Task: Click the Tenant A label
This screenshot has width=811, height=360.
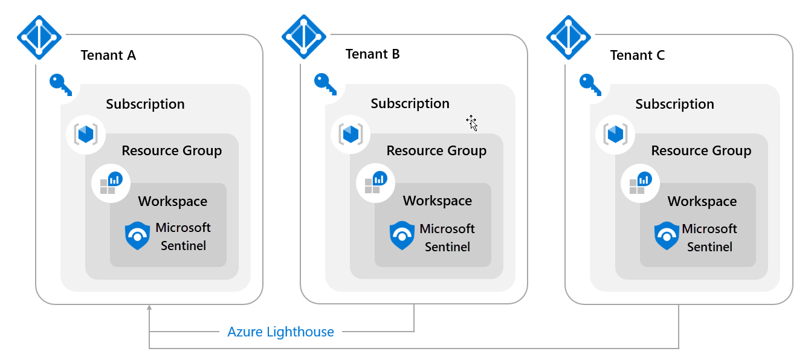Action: click(x=108, y=56)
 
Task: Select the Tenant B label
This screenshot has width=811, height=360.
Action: click(x=372, y=54)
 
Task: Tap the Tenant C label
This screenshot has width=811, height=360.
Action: click(x=637, y=56)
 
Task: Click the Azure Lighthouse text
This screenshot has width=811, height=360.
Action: click(x=280, y=332)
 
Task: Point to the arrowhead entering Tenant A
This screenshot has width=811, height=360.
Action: click(x=149, y=309)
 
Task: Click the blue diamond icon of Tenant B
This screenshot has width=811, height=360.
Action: click(x=304, y=37)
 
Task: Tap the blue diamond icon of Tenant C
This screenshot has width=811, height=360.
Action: click(x=569, y=37)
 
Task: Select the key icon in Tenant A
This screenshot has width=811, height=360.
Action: click(x=60, y=84)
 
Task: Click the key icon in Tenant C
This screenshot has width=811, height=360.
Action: click(x=590, y=84)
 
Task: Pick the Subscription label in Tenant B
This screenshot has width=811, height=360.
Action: click(x=410, y=104)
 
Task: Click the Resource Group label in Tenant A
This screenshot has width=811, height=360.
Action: click(x=172, y=151)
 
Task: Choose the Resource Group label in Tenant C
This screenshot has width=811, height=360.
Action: click(x=701, y=151)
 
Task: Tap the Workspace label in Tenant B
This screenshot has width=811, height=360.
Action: click(x=438, y=201)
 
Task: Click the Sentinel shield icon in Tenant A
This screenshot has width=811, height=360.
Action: click(x=137, y=236)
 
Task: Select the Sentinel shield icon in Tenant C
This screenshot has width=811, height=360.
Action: click(x=667, y=236)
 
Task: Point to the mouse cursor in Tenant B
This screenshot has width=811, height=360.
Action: click(x=472, y=123)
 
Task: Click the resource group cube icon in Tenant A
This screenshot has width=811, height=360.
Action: click(x=86, y=134)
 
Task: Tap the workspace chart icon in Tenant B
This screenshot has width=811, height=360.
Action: click(x=375, y=182)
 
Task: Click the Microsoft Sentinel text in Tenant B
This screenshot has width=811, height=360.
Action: click(x=447, y=237)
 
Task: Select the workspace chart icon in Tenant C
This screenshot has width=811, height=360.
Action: click(x=639, y=182)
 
